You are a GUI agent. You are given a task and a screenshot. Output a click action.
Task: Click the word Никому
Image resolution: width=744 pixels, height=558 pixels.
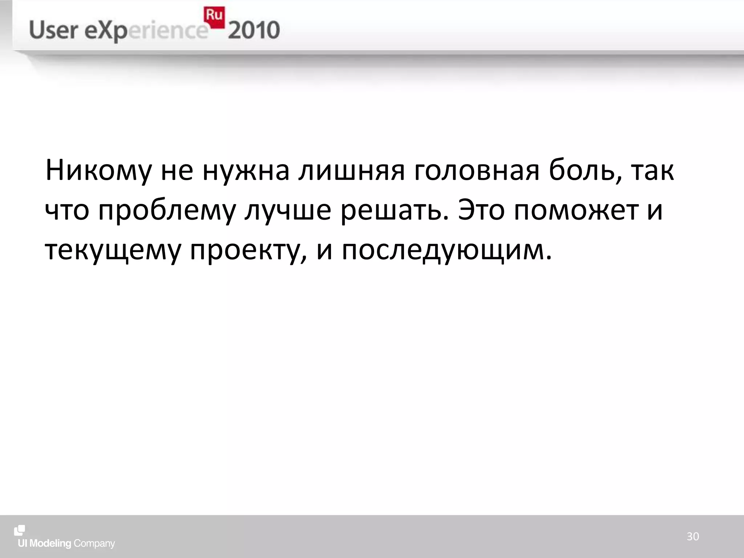point(98,171)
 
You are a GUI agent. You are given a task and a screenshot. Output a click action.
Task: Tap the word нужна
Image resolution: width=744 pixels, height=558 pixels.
point(246,171)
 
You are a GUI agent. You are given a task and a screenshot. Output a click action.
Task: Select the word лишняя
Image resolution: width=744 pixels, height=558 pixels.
point(351,171)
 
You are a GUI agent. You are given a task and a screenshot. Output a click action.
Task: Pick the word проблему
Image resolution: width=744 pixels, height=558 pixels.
point(167,211)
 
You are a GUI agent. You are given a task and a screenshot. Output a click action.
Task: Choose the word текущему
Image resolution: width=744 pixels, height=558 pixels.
point(113,251)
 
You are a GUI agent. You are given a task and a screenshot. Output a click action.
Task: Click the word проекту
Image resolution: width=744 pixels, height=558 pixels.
point(247,251)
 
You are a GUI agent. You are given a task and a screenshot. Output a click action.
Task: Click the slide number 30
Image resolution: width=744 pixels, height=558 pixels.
point(693,537)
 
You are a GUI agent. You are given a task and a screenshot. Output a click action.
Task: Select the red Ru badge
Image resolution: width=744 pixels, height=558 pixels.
point(214,16)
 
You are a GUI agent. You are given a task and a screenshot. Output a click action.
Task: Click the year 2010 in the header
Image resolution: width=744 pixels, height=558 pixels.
point(254,30)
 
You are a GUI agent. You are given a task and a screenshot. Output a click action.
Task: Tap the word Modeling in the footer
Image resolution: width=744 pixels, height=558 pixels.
point(50,543)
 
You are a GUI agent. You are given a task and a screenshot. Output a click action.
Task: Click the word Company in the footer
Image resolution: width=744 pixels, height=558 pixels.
point(94,544)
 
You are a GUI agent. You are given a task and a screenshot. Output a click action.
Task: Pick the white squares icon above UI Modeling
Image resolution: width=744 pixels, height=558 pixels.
point(20,530)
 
